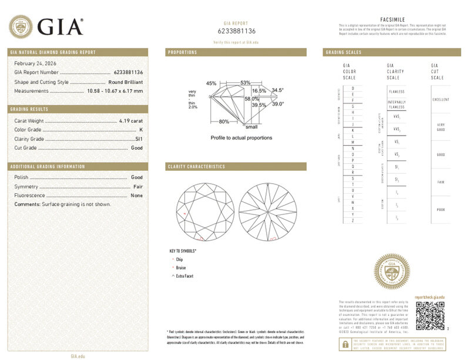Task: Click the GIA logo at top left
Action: (x=46, y=26)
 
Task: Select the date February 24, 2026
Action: (x=34, y=63)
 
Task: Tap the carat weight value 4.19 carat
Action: (x=131, y=120)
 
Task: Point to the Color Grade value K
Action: (x=142, y=130)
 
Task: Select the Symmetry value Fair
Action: (x=139, y=186)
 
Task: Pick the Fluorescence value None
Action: (x=137, y=195)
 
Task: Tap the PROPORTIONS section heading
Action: (x=183, y=52)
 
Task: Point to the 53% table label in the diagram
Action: (x=245, y=82)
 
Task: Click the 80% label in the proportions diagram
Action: (x=224, y=122)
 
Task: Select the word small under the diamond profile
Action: (x=251, y=127)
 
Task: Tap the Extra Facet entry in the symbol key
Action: (x=184, y=276)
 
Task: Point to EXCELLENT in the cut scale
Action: (x=441, y=99)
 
